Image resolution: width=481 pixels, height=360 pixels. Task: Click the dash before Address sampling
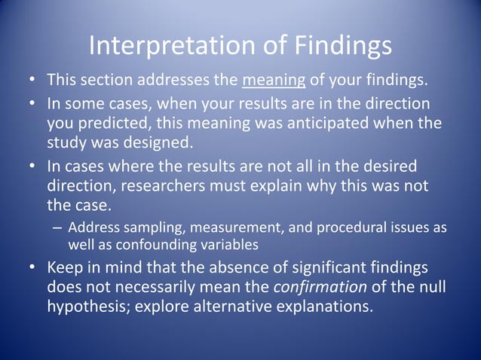(57, 228)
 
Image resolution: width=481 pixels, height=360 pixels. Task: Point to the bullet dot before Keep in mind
(32, 267)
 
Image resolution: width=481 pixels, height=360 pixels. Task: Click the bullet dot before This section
(32, 79)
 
